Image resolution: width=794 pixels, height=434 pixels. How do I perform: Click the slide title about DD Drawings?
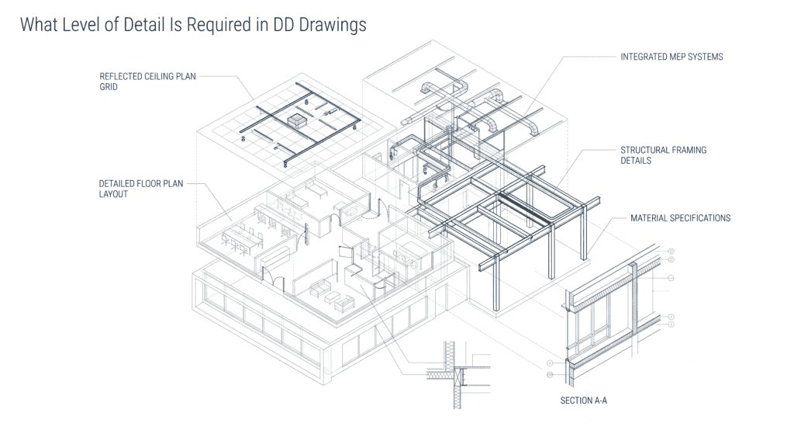coord(193,24)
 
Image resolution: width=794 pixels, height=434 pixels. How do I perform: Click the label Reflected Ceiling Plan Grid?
coord(147,82)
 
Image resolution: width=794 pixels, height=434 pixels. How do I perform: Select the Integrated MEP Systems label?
coord(671,57)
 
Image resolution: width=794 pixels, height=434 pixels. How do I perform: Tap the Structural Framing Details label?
coord(664,155)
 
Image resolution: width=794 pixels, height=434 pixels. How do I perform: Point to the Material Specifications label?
coord(680,218)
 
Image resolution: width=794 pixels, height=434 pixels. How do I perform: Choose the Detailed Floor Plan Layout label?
coord(141,189)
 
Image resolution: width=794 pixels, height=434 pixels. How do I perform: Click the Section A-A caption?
coord(583,401)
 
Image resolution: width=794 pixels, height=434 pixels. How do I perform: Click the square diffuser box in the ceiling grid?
coord(295,120)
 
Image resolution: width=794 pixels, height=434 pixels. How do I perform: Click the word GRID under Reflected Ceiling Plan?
coord(109,87)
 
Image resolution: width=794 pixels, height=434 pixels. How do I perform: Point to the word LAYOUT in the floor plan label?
coord(113,194)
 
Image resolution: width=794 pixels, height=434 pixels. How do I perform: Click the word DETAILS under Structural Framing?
coord(636,161)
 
